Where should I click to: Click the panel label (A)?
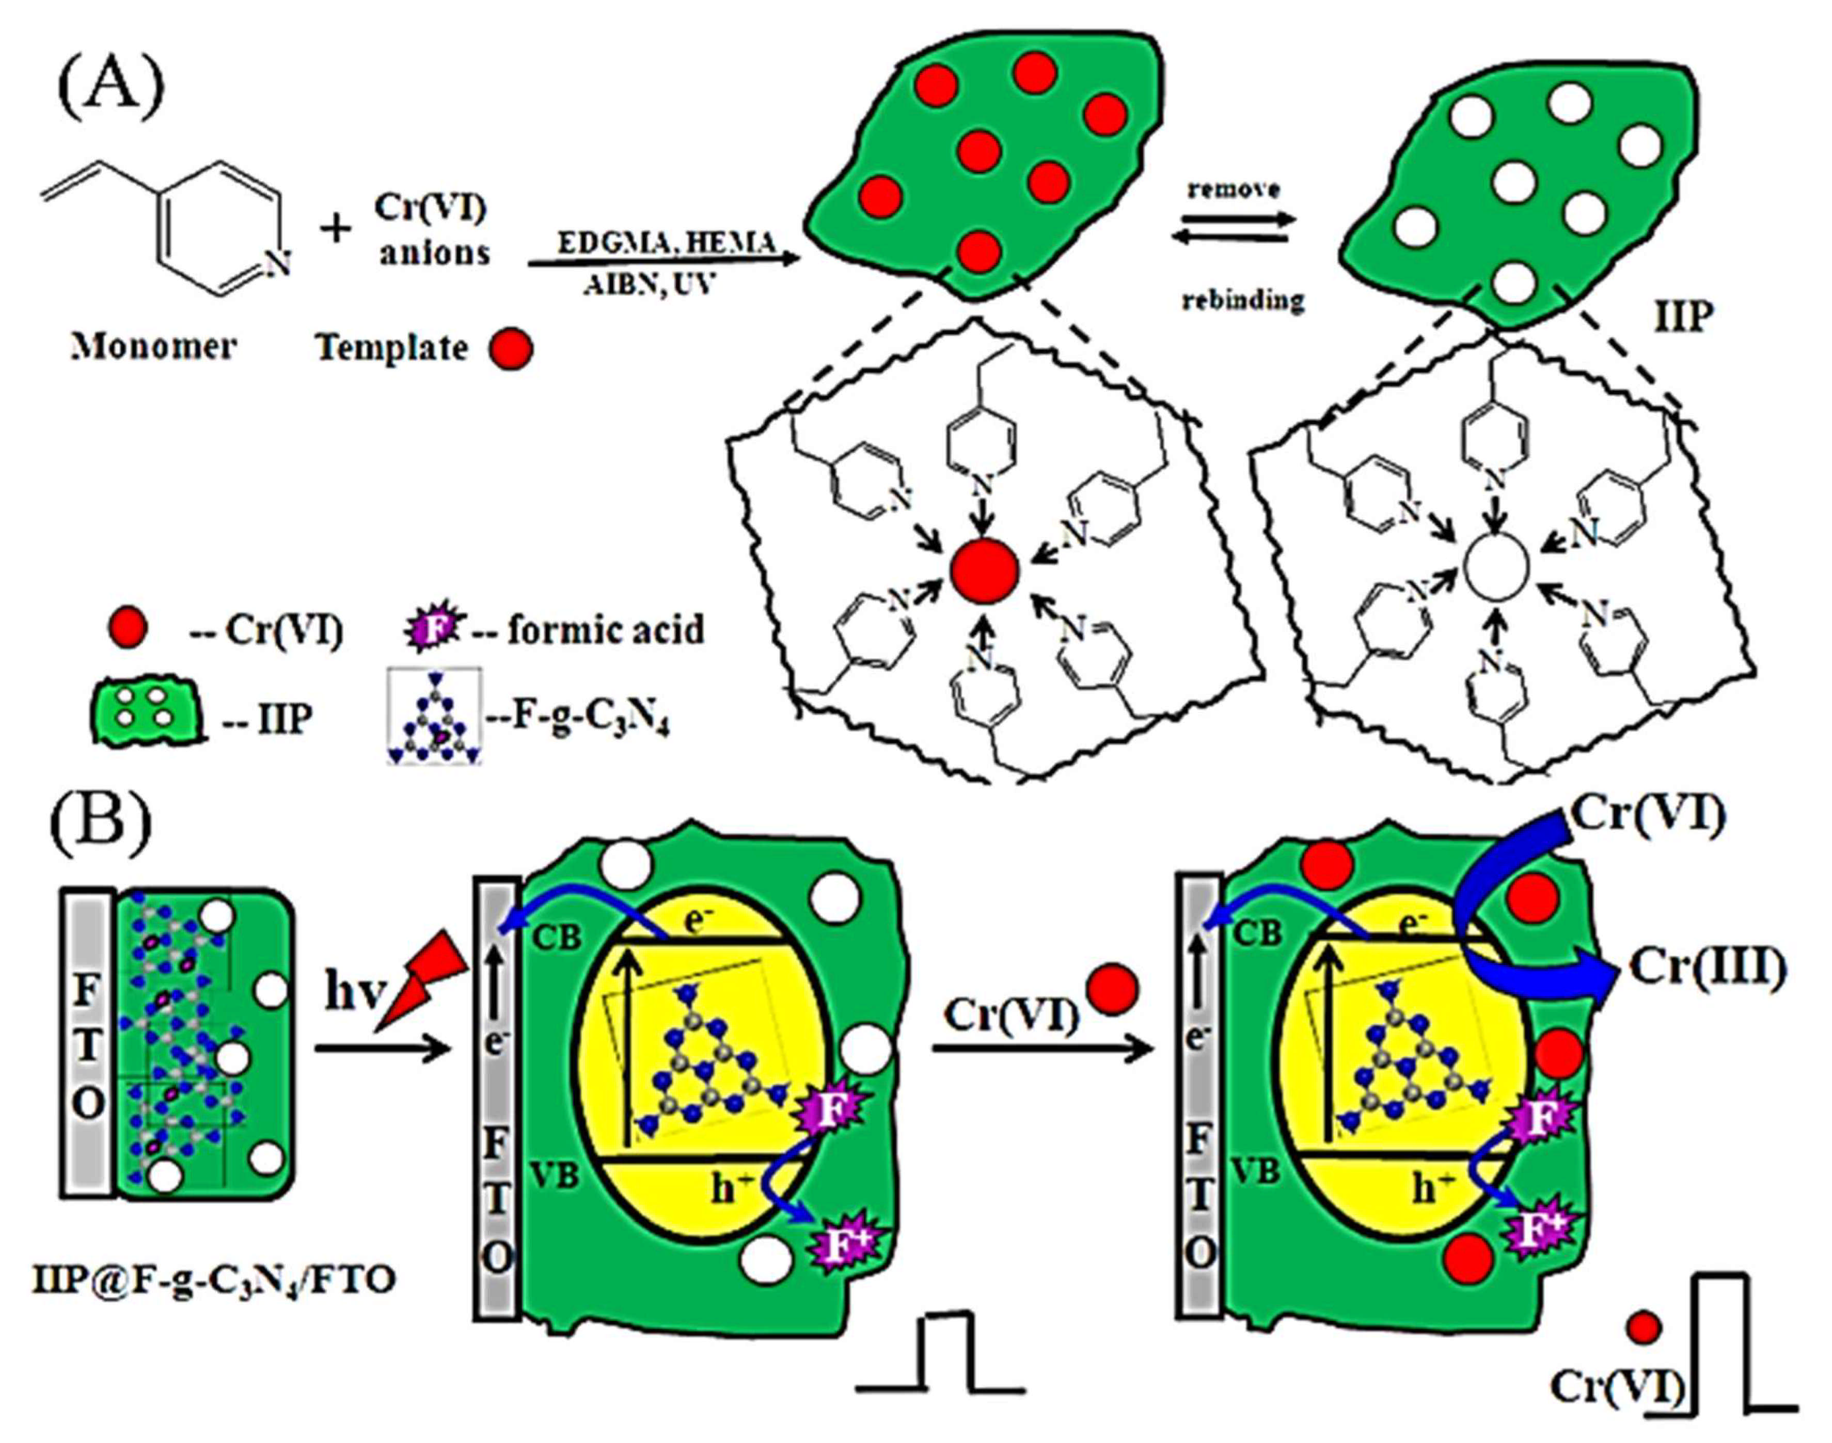click(x=110, y=87)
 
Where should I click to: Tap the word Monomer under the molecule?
click(x=153, y=346)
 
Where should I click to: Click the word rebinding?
click(x=1243, y=300)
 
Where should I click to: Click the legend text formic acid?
click(x=606, y=629)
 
